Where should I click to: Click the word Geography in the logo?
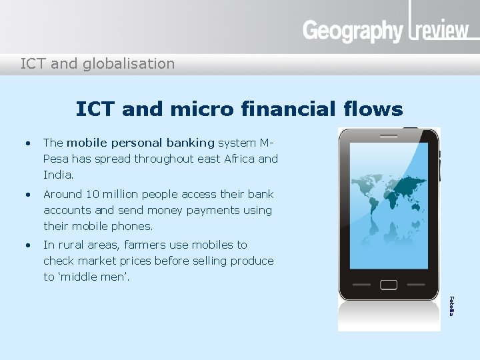pos(353,31)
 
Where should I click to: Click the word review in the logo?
pos(441,31)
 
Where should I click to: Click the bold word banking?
pos(191,143)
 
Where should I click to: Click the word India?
pos(57,175)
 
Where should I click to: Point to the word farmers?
pos(165,245)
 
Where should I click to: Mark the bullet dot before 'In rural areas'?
pos(27,245)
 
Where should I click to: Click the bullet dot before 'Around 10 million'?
pos(27,195)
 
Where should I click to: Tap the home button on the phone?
pos(389,285)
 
